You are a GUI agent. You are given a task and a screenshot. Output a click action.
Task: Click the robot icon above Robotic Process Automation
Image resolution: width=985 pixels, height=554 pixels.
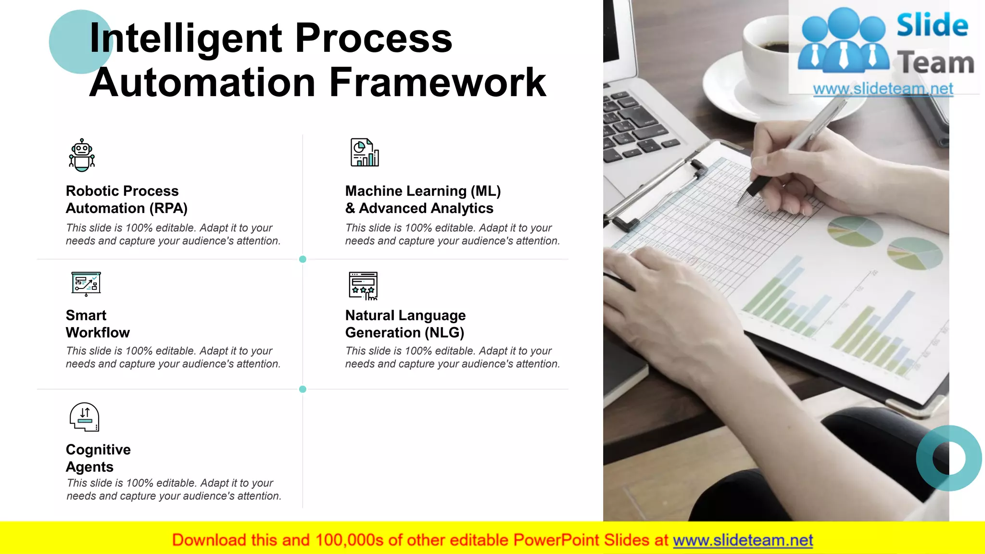coord(82,155)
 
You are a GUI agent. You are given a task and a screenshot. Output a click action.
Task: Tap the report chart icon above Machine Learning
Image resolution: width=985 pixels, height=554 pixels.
coord(365,152)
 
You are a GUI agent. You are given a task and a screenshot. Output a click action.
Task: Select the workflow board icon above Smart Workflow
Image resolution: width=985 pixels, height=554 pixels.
coord(86,284)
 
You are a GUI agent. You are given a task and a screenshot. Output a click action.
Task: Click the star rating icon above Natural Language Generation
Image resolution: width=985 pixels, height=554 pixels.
coord(363,286)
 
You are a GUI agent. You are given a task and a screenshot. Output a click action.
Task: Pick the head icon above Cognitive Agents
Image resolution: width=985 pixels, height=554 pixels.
coord(85,417)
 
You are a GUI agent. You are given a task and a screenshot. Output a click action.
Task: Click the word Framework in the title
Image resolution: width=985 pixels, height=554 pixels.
coord(438,83)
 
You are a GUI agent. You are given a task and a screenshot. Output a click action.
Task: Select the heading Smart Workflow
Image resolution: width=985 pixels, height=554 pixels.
coord(98,324)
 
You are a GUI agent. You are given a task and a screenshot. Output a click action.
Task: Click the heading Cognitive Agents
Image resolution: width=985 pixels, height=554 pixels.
coord(98,458)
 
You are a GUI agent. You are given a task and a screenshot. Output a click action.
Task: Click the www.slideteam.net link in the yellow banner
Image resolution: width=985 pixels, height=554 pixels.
coord(743,541)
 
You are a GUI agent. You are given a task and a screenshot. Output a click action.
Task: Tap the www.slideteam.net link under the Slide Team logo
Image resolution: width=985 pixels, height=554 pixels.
coord(883,89)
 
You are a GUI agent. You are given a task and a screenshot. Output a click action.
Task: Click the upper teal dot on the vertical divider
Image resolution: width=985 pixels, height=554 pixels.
coord(303,259)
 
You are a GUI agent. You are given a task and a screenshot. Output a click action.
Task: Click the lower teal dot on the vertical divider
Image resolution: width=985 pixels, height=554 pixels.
coord(303,389)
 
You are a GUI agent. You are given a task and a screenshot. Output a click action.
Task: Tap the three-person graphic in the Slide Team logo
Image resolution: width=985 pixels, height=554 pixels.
coord(843,41)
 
